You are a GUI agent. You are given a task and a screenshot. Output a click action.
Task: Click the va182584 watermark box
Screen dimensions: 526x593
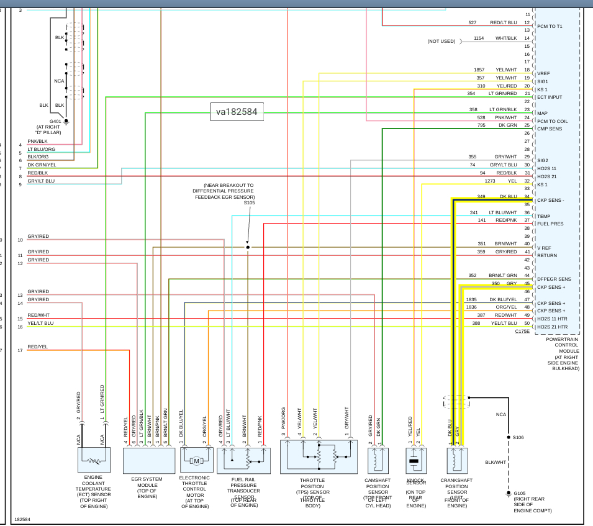pos(236,112)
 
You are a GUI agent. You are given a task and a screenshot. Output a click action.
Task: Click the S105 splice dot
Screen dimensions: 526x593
pos(248,247)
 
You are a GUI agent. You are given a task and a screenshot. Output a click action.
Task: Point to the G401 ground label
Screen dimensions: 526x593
pos(57,121)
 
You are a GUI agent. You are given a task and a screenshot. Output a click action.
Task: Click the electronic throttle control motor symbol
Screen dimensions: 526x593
pos(197,460)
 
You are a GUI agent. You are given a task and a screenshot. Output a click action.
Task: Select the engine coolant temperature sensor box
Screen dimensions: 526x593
pos(94,460)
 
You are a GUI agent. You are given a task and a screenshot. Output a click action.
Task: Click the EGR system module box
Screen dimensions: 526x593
pos(149,460)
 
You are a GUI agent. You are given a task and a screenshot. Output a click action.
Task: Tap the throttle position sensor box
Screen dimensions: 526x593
pos(319,460)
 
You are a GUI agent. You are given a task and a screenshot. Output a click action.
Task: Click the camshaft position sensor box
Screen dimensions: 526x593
pos(378,460)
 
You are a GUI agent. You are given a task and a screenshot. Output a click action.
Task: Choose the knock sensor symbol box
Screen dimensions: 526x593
pos(414,460)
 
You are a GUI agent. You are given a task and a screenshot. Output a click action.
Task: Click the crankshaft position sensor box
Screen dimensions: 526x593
pos(456,460)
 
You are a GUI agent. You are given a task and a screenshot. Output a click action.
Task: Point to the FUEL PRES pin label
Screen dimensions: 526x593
pos(550,224)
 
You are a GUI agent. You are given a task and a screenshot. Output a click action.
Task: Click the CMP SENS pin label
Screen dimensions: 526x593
pos(550,129)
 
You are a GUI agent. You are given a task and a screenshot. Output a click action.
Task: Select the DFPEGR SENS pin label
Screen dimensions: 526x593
pos(554,279)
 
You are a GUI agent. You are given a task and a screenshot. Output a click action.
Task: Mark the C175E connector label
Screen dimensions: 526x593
pos(522,332)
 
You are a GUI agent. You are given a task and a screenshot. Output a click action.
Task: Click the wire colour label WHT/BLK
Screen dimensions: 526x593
pos(506,39)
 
